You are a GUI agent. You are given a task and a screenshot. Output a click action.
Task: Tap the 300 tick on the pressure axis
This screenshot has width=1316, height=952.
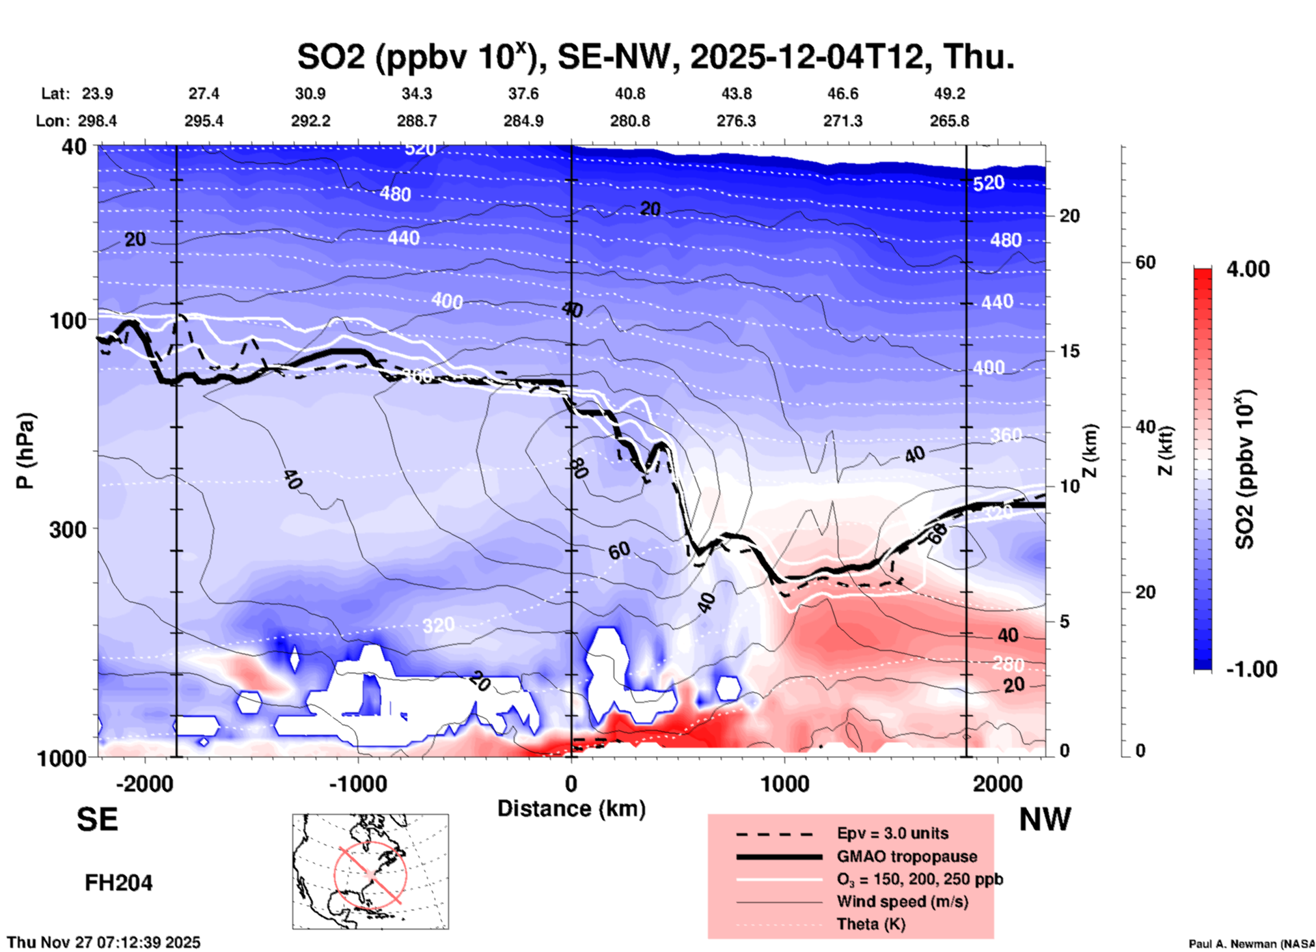pyautogui.click(x=68, y=529)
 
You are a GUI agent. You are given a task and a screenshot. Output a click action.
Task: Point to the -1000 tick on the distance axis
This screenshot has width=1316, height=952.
pyautogui.click(x=357, y=783)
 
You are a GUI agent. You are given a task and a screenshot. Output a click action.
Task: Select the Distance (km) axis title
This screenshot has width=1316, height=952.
pyautogui.click(x=571, y=809)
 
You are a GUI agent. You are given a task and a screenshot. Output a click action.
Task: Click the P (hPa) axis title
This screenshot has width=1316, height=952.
pyautogui.click(x=25, y=450)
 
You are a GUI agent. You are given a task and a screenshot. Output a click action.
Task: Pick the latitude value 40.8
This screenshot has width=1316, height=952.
pyautogui.click(x=629, y=94)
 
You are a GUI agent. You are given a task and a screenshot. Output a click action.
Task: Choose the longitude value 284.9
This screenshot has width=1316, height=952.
pyautogui.click(x=523, y=121)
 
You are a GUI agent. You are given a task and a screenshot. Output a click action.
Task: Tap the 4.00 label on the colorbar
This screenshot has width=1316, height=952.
pyautogui.click(x=1248, y=269)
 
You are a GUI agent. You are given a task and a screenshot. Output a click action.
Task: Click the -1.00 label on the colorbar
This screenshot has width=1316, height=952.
pyautogui.click(x=1251, y=669)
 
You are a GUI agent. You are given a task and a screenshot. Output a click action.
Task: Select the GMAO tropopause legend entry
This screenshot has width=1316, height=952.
pyautogui.click(x=907, y=856)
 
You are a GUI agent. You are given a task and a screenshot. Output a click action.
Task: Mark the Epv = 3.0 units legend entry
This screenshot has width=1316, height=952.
pyautogui.click(x=892, y=833)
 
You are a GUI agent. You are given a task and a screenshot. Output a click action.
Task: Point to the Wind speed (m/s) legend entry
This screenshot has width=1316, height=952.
pyautogui.click(x=902, y=901)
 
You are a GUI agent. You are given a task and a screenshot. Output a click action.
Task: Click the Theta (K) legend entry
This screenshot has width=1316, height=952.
pyautogui.click(x=871, y=924)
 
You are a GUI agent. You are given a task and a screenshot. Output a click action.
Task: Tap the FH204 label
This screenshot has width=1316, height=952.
pyautogui.click(x=118, y=883)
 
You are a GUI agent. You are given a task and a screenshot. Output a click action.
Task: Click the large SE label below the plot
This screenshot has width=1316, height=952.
pyautogui.click(x=97, y=820)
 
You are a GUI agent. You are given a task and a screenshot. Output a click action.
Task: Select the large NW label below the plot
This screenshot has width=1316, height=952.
pyautogui.click(x=1045, y=820)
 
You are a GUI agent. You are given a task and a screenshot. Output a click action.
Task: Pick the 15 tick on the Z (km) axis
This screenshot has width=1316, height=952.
pyautogui.click(x=1069, y=351)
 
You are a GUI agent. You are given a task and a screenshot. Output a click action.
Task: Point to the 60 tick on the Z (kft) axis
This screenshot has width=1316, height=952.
pyautogui.click(x=1145, y=262)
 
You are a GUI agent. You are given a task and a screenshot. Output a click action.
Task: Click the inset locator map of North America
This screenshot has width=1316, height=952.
pyautogui.click(x=370, y=871)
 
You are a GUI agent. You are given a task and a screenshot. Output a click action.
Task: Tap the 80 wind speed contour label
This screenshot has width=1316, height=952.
pyautogui.click(x=577, y=468)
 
